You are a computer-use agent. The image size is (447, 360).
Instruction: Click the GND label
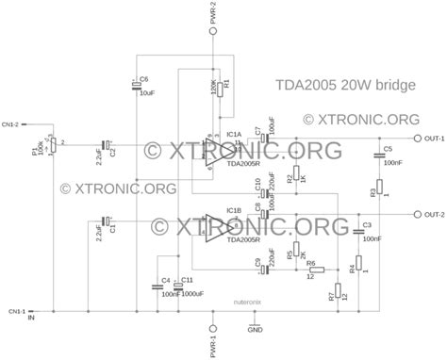pyautogui.click(x=255, y=330)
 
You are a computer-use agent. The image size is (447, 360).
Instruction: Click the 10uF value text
pyautogui.click(x=146, y=93)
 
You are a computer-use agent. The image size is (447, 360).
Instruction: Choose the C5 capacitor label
pyautogui.click(x=388, y=149)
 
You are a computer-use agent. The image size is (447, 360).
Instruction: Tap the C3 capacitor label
pyautogui.click(x=367, y=224)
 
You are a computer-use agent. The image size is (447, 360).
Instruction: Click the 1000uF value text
pyautogui.click(x=191, y=293)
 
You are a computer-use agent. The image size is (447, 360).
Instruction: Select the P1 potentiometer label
pyautogui.click(x=35, y=151)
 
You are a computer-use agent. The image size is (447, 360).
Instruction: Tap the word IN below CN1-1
pyautogui.click(x=32, y=319)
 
